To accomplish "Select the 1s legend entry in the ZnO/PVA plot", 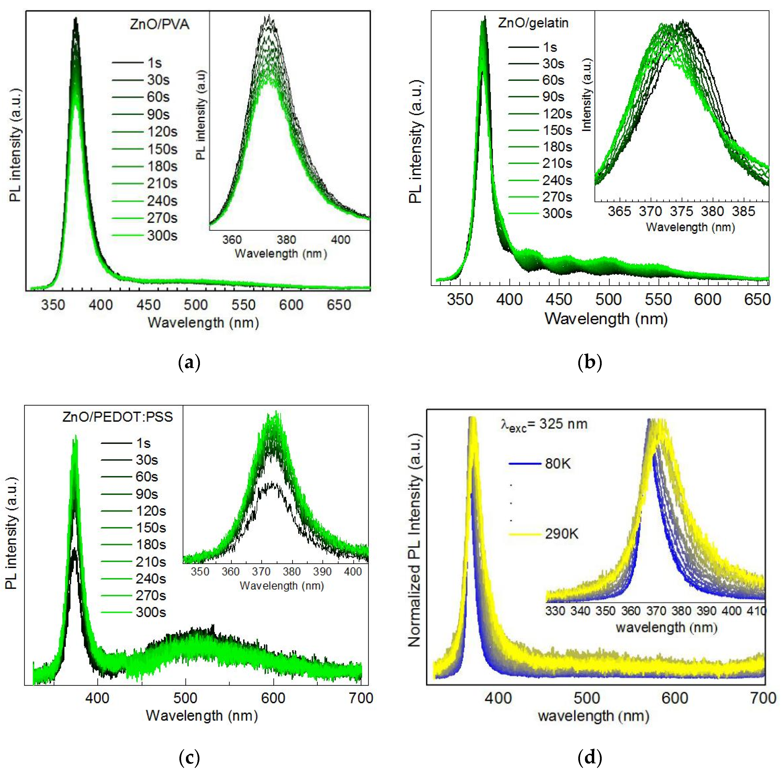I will [154, 63].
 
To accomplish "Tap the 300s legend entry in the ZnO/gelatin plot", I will [557, 213].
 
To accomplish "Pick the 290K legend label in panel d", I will [562, 534].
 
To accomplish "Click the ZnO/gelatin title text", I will [533, 23].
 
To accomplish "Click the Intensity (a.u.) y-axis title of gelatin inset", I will [586, 95].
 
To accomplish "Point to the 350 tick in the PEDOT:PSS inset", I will [200, 572].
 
